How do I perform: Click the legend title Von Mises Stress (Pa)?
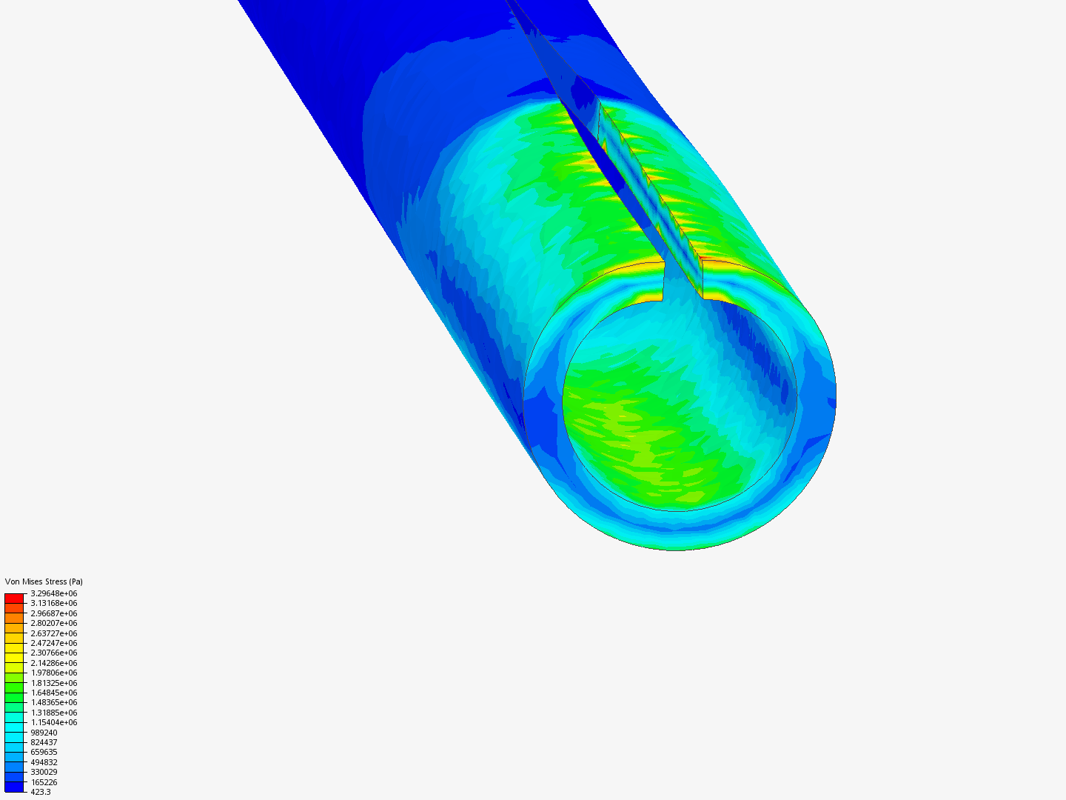44,581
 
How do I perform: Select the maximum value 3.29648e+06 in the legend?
53,593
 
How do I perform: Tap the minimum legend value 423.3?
41,792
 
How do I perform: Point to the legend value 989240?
44,733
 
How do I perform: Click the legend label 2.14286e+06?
53,663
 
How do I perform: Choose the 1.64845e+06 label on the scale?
53,693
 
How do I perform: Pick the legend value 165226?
44,782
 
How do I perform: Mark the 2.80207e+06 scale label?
53,623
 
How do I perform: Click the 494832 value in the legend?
44,762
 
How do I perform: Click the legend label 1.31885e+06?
53,713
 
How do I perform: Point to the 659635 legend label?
44,752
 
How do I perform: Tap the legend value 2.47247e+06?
53,643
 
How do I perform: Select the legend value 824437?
44,742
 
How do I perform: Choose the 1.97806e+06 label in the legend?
53,673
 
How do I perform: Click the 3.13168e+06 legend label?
53,603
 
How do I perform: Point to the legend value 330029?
44,772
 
